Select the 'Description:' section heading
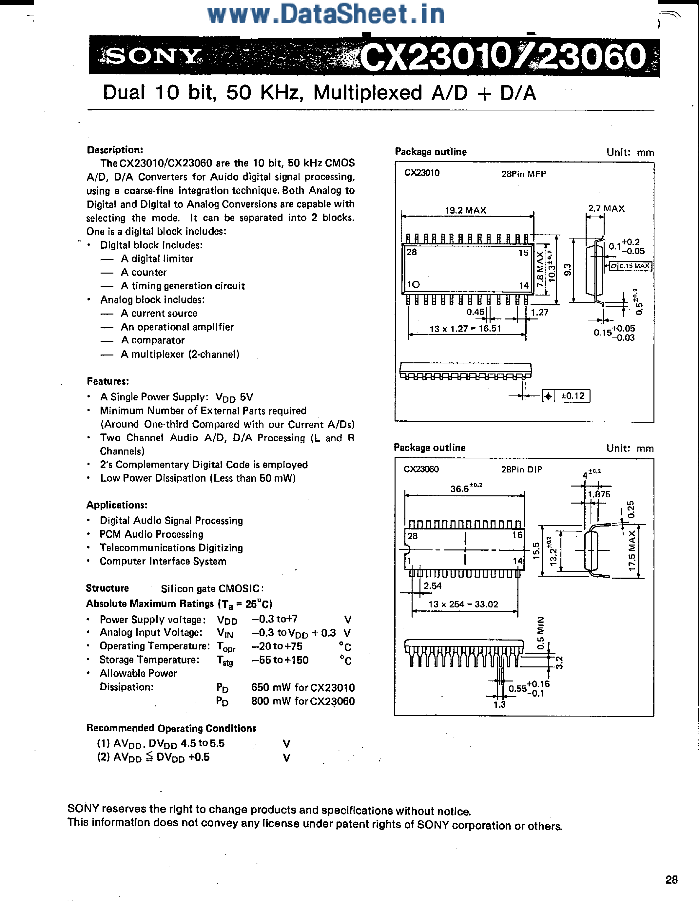coord(115,150)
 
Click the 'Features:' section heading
coord(108,381)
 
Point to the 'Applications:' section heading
coord(117,505)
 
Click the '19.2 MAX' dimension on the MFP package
coord(465,210)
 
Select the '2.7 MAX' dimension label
coord(606,208)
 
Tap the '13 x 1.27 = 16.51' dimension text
coord(465,329)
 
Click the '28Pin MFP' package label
coord(523,174)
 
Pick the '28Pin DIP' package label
coord(521,470)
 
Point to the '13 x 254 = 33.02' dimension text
coord(463,604)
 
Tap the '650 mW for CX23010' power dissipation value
coord(302,688)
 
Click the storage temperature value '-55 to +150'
coord(280,660)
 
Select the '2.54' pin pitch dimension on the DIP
coord(433,586)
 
